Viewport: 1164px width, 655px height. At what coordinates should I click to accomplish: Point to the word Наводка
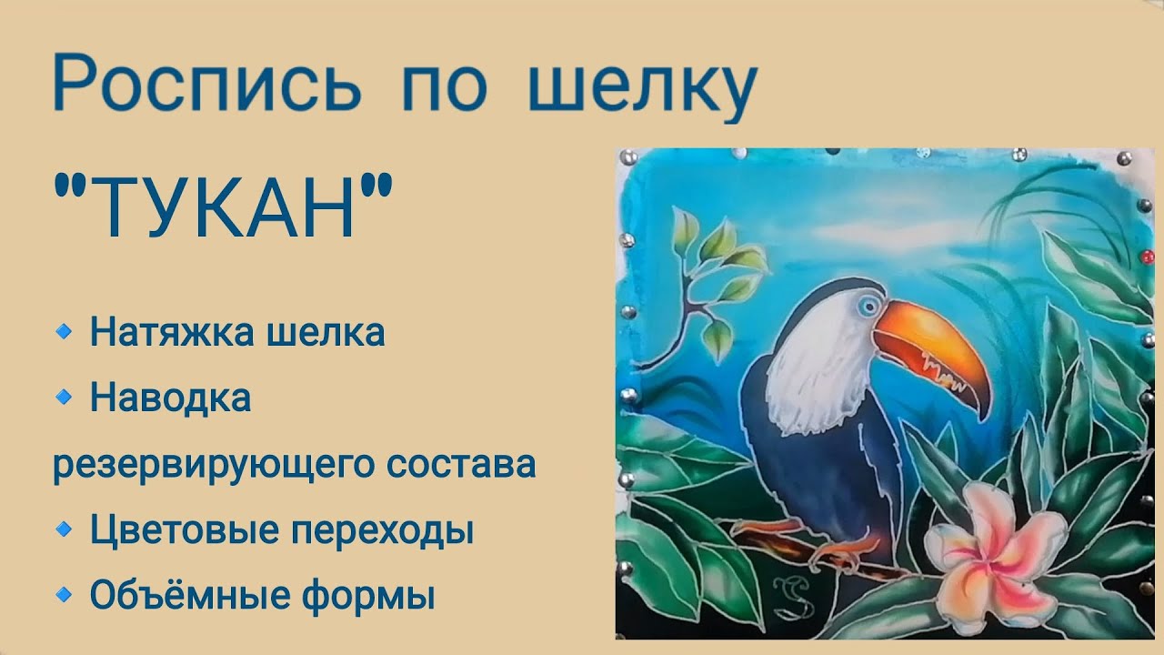[170, 398]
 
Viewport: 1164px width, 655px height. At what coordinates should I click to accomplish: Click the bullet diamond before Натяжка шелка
[63, 332]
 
